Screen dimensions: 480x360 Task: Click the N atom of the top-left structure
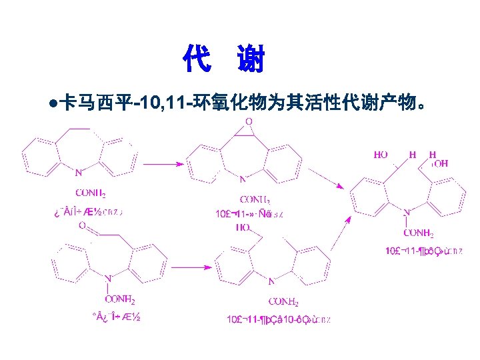pos(79,173)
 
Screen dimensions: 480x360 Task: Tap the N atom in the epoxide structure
pos(243,179)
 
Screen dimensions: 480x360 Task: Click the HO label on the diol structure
pos(381,155)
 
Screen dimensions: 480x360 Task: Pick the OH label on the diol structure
pos(441,163)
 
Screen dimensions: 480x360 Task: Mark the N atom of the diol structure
pos(406,212)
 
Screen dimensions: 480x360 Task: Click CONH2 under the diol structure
pos(418,233)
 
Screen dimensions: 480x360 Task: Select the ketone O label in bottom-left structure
pos(82,226)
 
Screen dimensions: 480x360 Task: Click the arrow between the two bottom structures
pos(191,267)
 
